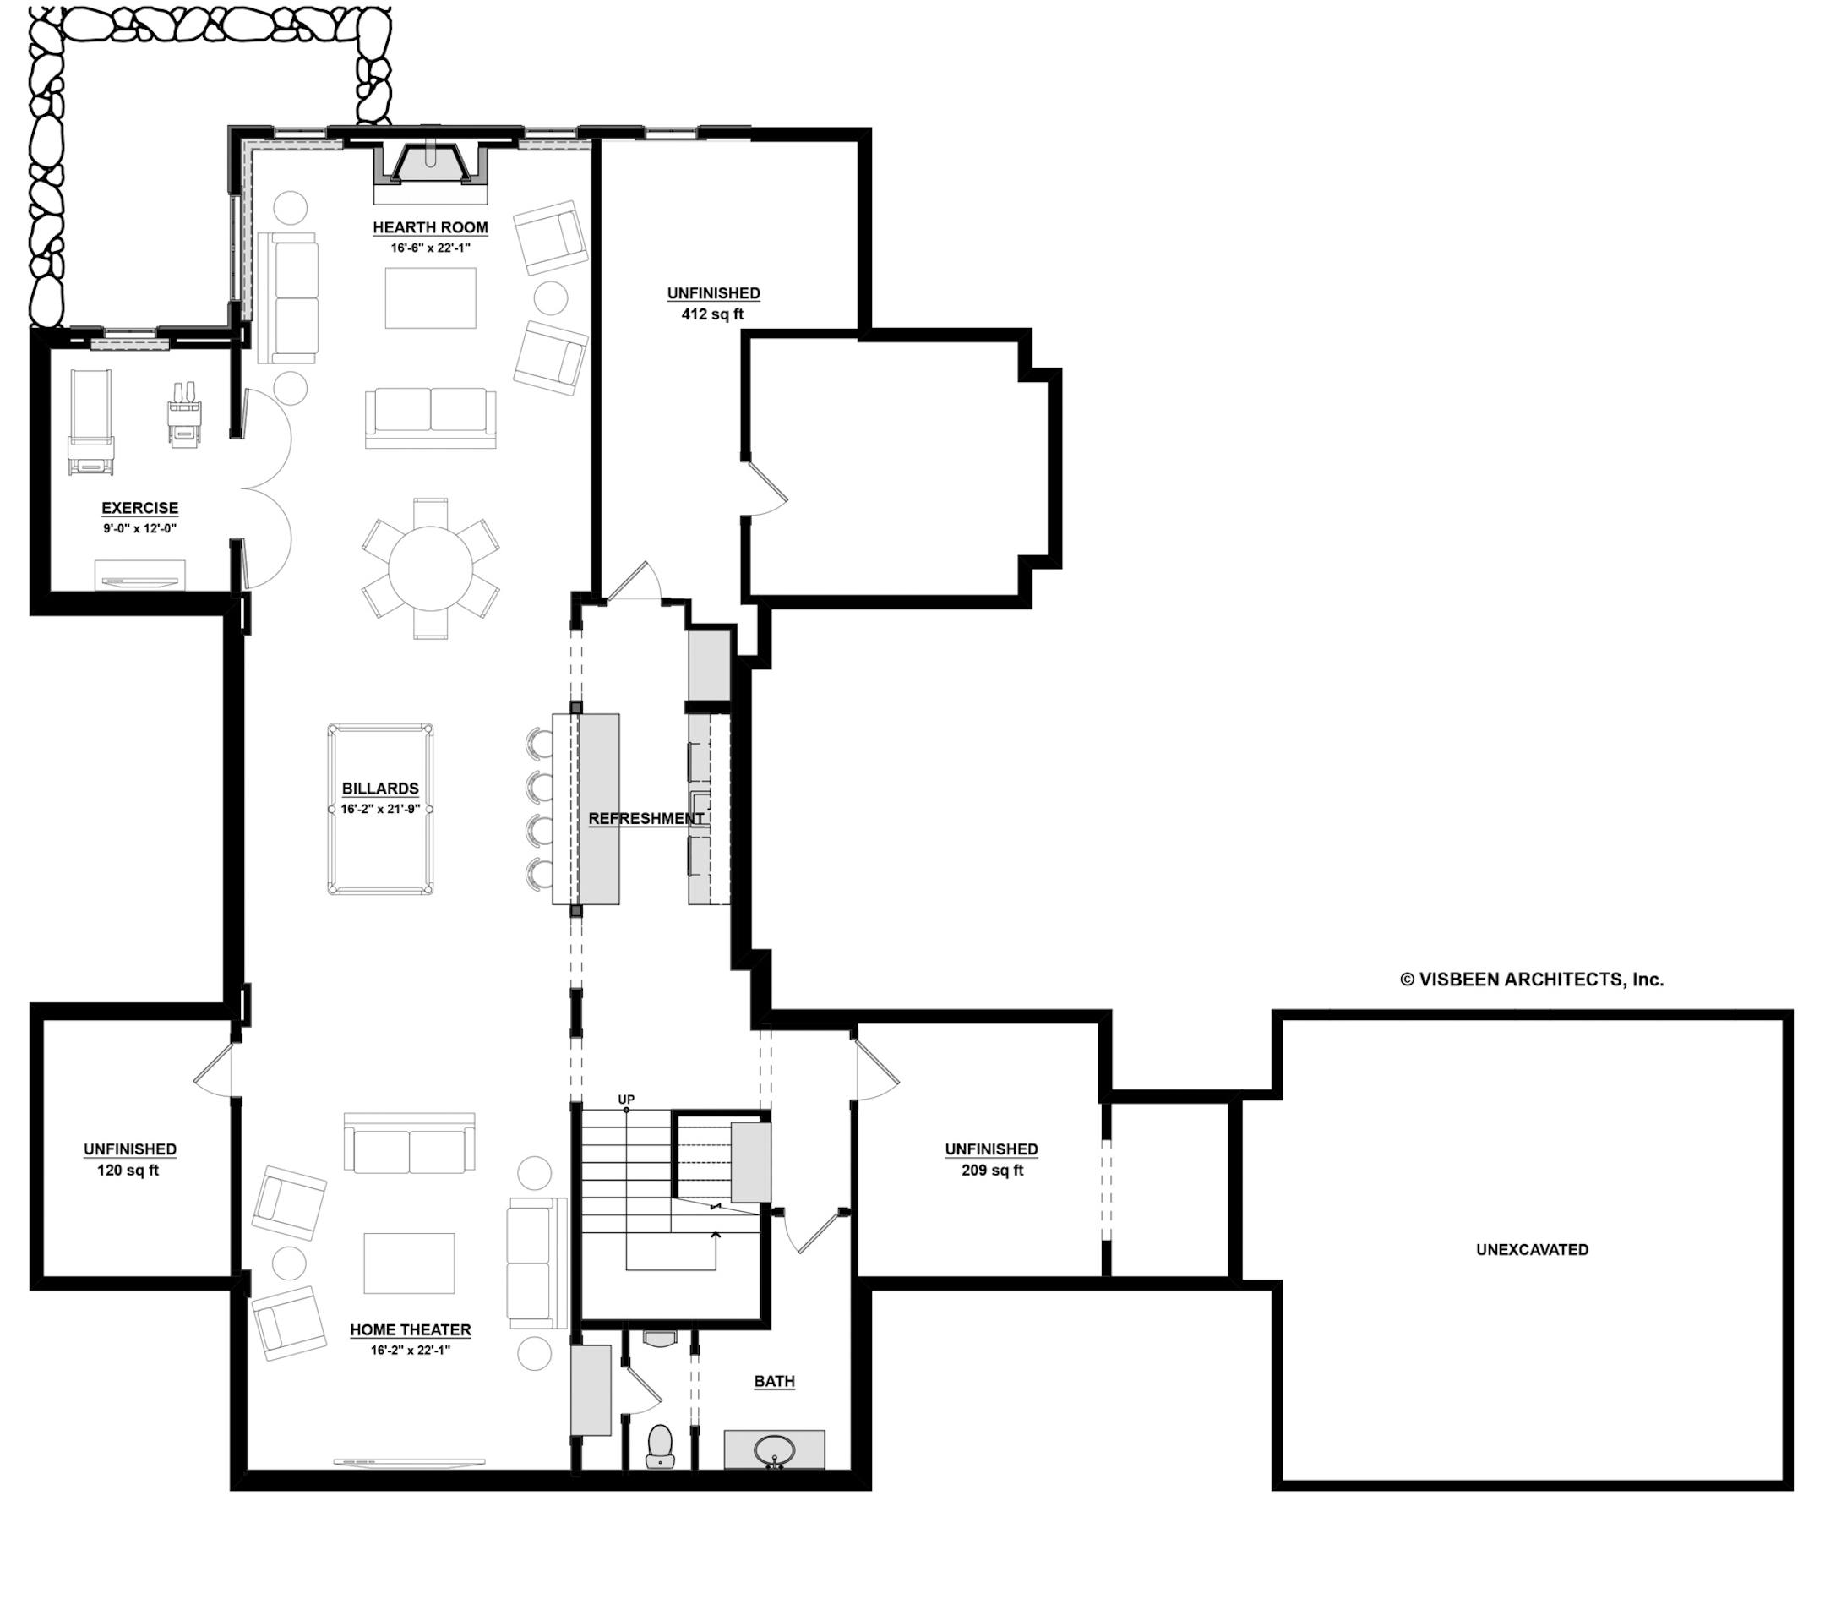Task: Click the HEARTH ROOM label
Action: click(x=430, y=227)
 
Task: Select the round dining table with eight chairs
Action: click(x=430, y=569)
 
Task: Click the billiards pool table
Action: click(x=380, y=809)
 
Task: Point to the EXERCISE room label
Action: click(x=140, y=508)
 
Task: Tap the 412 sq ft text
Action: click(x=712, y=314)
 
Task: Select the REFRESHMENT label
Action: click(x=646, y=819)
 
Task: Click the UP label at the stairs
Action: click(x=626, y=1100)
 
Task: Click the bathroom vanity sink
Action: click(x=774, y=1449)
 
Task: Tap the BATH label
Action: click(x=774, y=1382)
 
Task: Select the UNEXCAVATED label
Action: click(x=1532, y=1249)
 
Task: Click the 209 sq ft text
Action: click(x=992, y=1171)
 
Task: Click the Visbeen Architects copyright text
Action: click(x=1531, y=980)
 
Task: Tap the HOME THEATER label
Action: click(x=410, y=1329)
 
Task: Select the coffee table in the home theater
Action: click(x=409, y=1263)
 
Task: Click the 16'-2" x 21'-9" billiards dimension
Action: click(x=380, y=809)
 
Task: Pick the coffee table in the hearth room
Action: click(x=430, y=298)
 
